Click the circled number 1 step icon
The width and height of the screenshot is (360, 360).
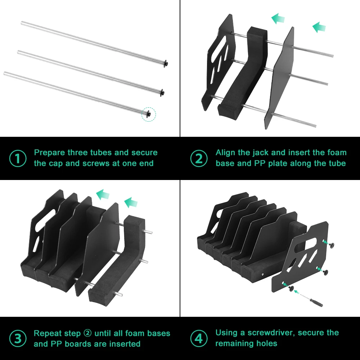click(18, 158)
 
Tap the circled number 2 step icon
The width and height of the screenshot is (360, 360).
click(199, 158)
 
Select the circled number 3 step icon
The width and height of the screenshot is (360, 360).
click(18, 339)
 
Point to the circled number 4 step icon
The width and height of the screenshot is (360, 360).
click(199, 339)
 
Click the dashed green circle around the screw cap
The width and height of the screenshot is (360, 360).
click(149, 114)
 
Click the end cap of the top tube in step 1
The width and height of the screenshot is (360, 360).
click(166, 63)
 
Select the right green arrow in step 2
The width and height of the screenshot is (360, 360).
click(319, 27)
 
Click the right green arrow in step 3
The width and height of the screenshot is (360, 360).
click(131, 203)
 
